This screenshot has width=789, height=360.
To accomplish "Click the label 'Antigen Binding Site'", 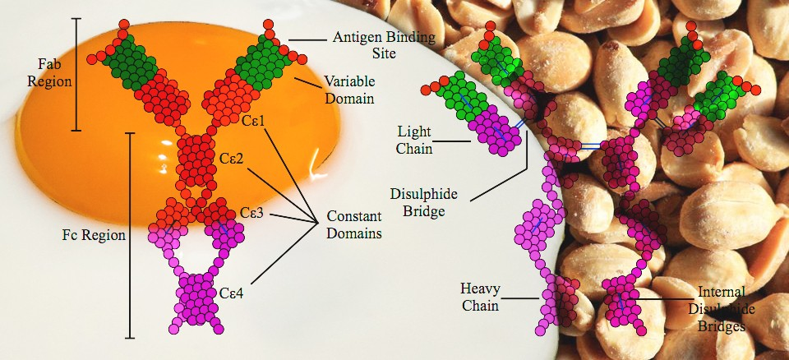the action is point(384,44).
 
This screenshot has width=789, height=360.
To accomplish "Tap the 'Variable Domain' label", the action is point(349,90).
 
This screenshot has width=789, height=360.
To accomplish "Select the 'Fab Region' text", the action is point(49,72).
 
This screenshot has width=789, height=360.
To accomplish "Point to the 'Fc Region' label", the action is point(94,235).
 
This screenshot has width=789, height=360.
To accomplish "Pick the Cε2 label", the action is point(232,159).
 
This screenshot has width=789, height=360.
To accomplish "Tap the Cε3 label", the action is point(251,212).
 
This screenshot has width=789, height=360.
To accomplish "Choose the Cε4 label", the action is point(232,293).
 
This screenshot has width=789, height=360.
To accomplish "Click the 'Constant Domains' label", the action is point(353,224).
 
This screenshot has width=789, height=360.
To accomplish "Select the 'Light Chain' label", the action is point(414,140).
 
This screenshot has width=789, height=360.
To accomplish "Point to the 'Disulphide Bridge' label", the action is point(418,202).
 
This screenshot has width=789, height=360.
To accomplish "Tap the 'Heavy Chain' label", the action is point(479,297).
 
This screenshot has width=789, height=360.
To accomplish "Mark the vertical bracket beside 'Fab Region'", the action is point(76,75).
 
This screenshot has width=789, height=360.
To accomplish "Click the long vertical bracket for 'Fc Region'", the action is point(130,235).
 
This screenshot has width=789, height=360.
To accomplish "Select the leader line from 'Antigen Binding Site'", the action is point(307,39).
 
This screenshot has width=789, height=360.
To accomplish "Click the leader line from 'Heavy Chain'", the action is point(520,298).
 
